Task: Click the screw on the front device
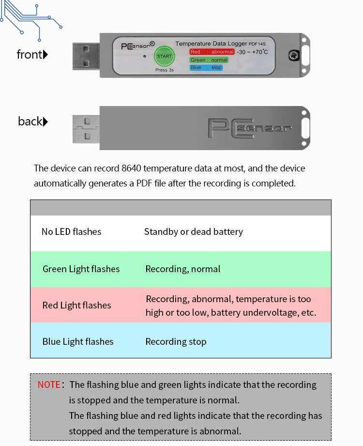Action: click(294, 55)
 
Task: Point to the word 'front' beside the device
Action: click(29, 54)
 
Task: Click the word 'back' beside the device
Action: click(30, 122)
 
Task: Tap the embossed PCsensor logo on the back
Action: click(250, 128)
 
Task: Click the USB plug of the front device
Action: click(86, 56)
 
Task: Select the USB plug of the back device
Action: click(86, 129)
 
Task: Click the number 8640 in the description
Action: click(131, 168)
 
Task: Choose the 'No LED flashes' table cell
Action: click(71, 232)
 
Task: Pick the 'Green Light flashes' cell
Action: click(81, 269)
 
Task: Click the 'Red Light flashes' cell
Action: click(77, 305)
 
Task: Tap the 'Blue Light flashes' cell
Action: click(78, 341)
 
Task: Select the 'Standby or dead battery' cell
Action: click(194, 232)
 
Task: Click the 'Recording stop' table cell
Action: click(176, 341)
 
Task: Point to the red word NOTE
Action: click(49, 384)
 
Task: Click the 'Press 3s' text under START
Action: click(164, 70)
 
